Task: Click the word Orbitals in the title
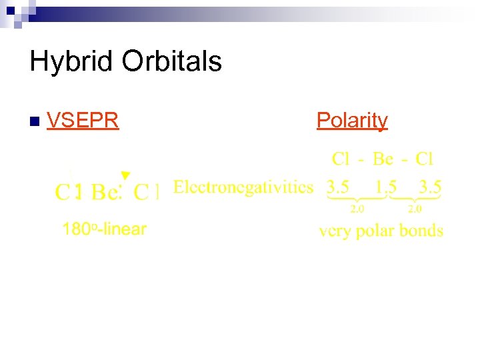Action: click(171, 61)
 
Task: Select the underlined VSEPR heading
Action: click(83, 120)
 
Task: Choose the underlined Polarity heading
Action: click(352, 120)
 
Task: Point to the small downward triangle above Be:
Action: click(125, 175)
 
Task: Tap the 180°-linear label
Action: click(104, 230)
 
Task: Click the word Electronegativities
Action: click(243, 187)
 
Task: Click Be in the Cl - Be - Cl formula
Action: click(383, 159)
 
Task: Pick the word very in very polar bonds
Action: click(337, 231)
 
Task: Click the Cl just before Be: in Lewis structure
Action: click(68, 193)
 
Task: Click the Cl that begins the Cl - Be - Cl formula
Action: click(341, 159)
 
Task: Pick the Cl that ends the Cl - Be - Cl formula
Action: click(425, 159)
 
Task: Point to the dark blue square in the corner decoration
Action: click(11, 11)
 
